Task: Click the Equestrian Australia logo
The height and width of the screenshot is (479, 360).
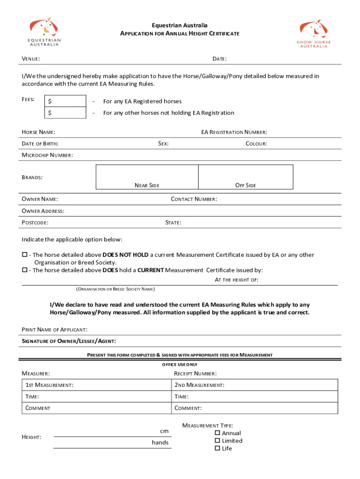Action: tap(45, 32)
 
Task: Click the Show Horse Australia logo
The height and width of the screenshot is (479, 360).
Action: tap(313, 33)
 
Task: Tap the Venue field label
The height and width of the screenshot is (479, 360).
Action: tap(31, 59)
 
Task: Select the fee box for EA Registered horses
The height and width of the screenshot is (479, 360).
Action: tap(65, 101)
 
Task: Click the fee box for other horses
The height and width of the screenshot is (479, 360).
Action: tap(65, 113)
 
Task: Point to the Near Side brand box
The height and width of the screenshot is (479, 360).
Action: tap(147, 177)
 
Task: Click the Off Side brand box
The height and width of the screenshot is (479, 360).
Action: tap(245, 177)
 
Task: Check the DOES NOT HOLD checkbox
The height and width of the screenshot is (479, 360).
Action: tap(25, 255)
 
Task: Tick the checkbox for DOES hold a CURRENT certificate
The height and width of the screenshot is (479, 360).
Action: tap(25, 270)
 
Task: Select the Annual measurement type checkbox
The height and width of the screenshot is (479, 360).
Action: tap(217, 433)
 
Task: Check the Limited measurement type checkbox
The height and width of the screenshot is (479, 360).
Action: tap(217, 441)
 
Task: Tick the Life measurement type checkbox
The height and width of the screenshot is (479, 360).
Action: tap(217, 448)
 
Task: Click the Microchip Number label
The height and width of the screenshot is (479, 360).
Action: tap(47, 155)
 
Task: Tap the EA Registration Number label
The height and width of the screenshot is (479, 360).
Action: tap(234, 132)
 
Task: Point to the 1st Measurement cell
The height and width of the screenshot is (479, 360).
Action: tap(96, 385)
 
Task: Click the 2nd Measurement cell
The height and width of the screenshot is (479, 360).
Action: tap(254, 385)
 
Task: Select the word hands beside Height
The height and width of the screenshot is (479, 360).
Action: tap(160, 443)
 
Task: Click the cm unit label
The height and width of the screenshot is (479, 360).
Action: tap(164, 431)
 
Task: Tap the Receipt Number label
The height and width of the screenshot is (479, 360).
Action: tap(195, 374)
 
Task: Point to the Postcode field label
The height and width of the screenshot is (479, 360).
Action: tap(35, 223)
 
